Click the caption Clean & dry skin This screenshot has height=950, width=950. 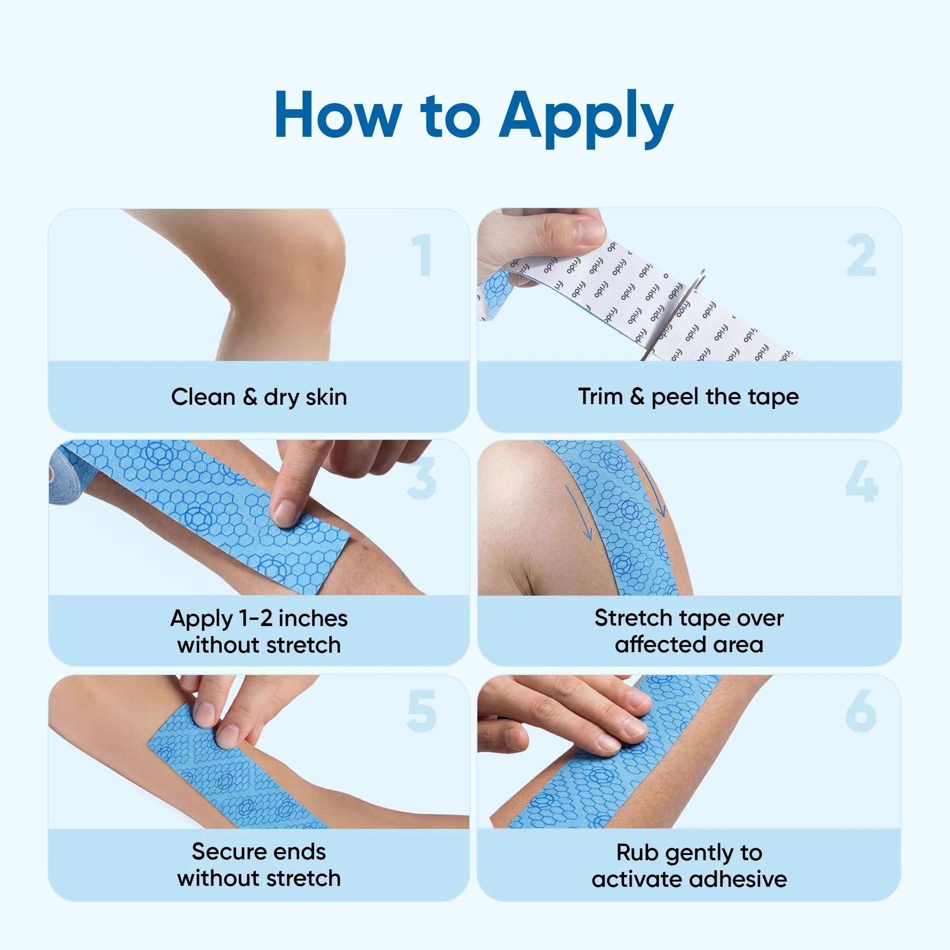coord(259,397)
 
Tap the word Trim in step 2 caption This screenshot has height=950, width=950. coord(600,396)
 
